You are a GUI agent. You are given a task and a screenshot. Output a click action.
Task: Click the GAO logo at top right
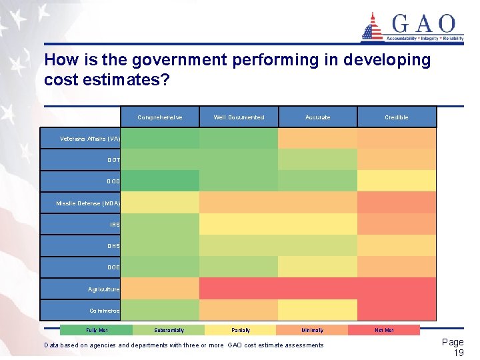[412, 27]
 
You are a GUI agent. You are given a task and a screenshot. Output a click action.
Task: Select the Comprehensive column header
[159, 117]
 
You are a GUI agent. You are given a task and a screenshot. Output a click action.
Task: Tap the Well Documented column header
[239, 117]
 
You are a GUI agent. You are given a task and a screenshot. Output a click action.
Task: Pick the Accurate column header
[317, 117]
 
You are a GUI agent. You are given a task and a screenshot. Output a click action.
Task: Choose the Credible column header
[397, 117]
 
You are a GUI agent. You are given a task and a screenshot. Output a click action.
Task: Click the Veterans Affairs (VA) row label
[81, 139]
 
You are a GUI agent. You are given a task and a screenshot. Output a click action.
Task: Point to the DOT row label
[81, 160]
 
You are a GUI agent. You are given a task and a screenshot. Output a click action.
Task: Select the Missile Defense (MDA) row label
[81, 203]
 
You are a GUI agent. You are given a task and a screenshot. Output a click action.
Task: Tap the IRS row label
[81, 225]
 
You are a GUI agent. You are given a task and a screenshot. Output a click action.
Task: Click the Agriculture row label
[81, 289]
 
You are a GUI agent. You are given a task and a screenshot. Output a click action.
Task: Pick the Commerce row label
[81, 311]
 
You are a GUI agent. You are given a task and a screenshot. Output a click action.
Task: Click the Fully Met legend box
[97, 330]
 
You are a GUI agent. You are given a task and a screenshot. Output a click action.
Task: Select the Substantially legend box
[169, 330]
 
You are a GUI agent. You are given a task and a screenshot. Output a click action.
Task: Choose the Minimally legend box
[312, 330]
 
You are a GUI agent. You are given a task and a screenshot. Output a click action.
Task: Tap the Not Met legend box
[384, 330]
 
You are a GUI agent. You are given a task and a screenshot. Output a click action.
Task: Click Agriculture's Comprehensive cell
[160, 289]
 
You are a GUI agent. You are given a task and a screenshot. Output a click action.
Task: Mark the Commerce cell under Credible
[397, 310]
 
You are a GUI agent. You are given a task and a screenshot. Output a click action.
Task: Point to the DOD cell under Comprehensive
[160, 181]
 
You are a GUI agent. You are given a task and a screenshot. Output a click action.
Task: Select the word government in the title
[179, 61]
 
